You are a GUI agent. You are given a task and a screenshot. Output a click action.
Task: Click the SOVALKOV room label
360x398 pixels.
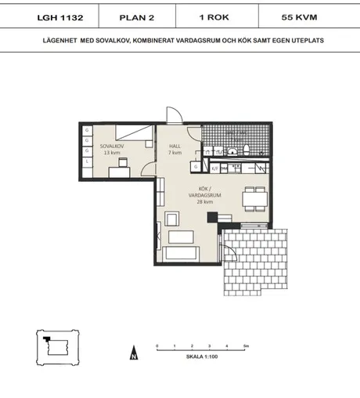pyautogui.click(x=110, y=147)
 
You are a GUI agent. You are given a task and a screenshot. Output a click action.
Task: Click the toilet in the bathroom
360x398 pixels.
pyautogui.click(x=246, y=149)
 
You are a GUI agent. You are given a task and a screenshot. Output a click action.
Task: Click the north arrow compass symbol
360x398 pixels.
pyautogui.click(x=134, y=354)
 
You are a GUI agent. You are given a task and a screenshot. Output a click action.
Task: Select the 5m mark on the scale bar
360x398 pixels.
pyautogui.click(x=245, y=346)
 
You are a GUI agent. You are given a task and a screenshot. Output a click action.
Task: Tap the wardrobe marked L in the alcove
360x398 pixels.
pyautogui.click(x=87, y=161)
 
